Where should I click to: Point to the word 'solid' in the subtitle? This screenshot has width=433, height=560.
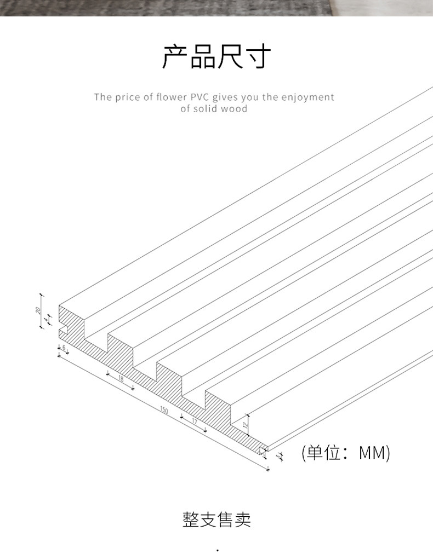(x=206, y=108)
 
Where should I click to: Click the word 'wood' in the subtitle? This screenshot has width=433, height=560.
(x=235, y=108)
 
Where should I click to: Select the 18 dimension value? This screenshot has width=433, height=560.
(x=121, y=379)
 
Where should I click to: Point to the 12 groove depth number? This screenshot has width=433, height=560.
(x=246, y=422)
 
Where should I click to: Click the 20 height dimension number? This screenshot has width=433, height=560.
(x=38, y=310)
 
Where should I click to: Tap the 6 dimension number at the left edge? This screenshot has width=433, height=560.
(x=64, y=348)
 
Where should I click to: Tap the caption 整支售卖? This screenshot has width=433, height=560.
(x=216, y=519)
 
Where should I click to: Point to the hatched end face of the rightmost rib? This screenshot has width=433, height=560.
(x=221, y=406)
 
